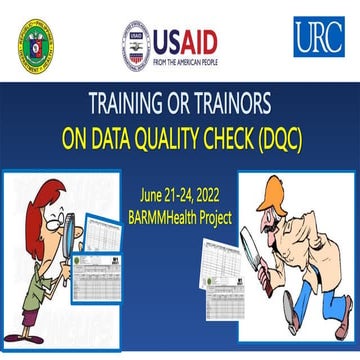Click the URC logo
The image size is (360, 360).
319,37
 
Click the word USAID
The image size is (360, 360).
200,37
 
